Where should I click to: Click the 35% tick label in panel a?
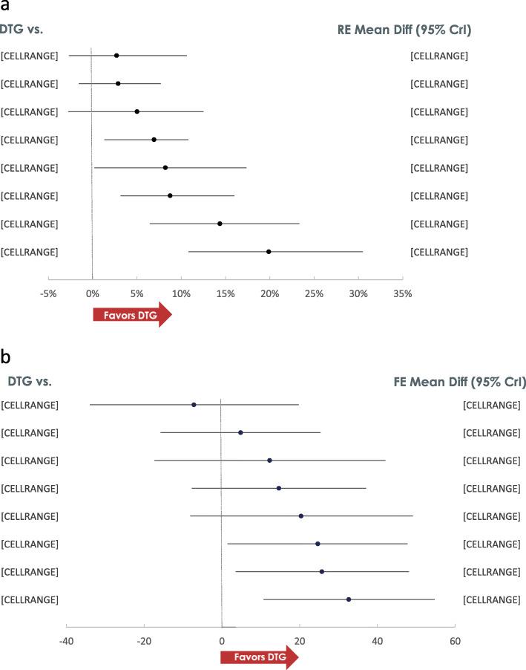coord(402,293)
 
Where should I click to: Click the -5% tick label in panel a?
coord(48,293)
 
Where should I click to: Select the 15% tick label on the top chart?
coord(225,293)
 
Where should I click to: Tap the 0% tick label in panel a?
coord(92,293)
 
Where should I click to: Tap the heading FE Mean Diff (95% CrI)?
coord(459,383)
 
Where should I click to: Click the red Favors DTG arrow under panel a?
coord(132,314)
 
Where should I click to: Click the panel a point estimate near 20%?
coord(269,252)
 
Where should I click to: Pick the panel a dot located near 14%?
coord(220,224)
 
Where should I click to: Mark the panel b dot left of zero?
coord(194,405)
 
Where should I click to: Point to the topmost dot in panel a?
coord(116,56)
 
